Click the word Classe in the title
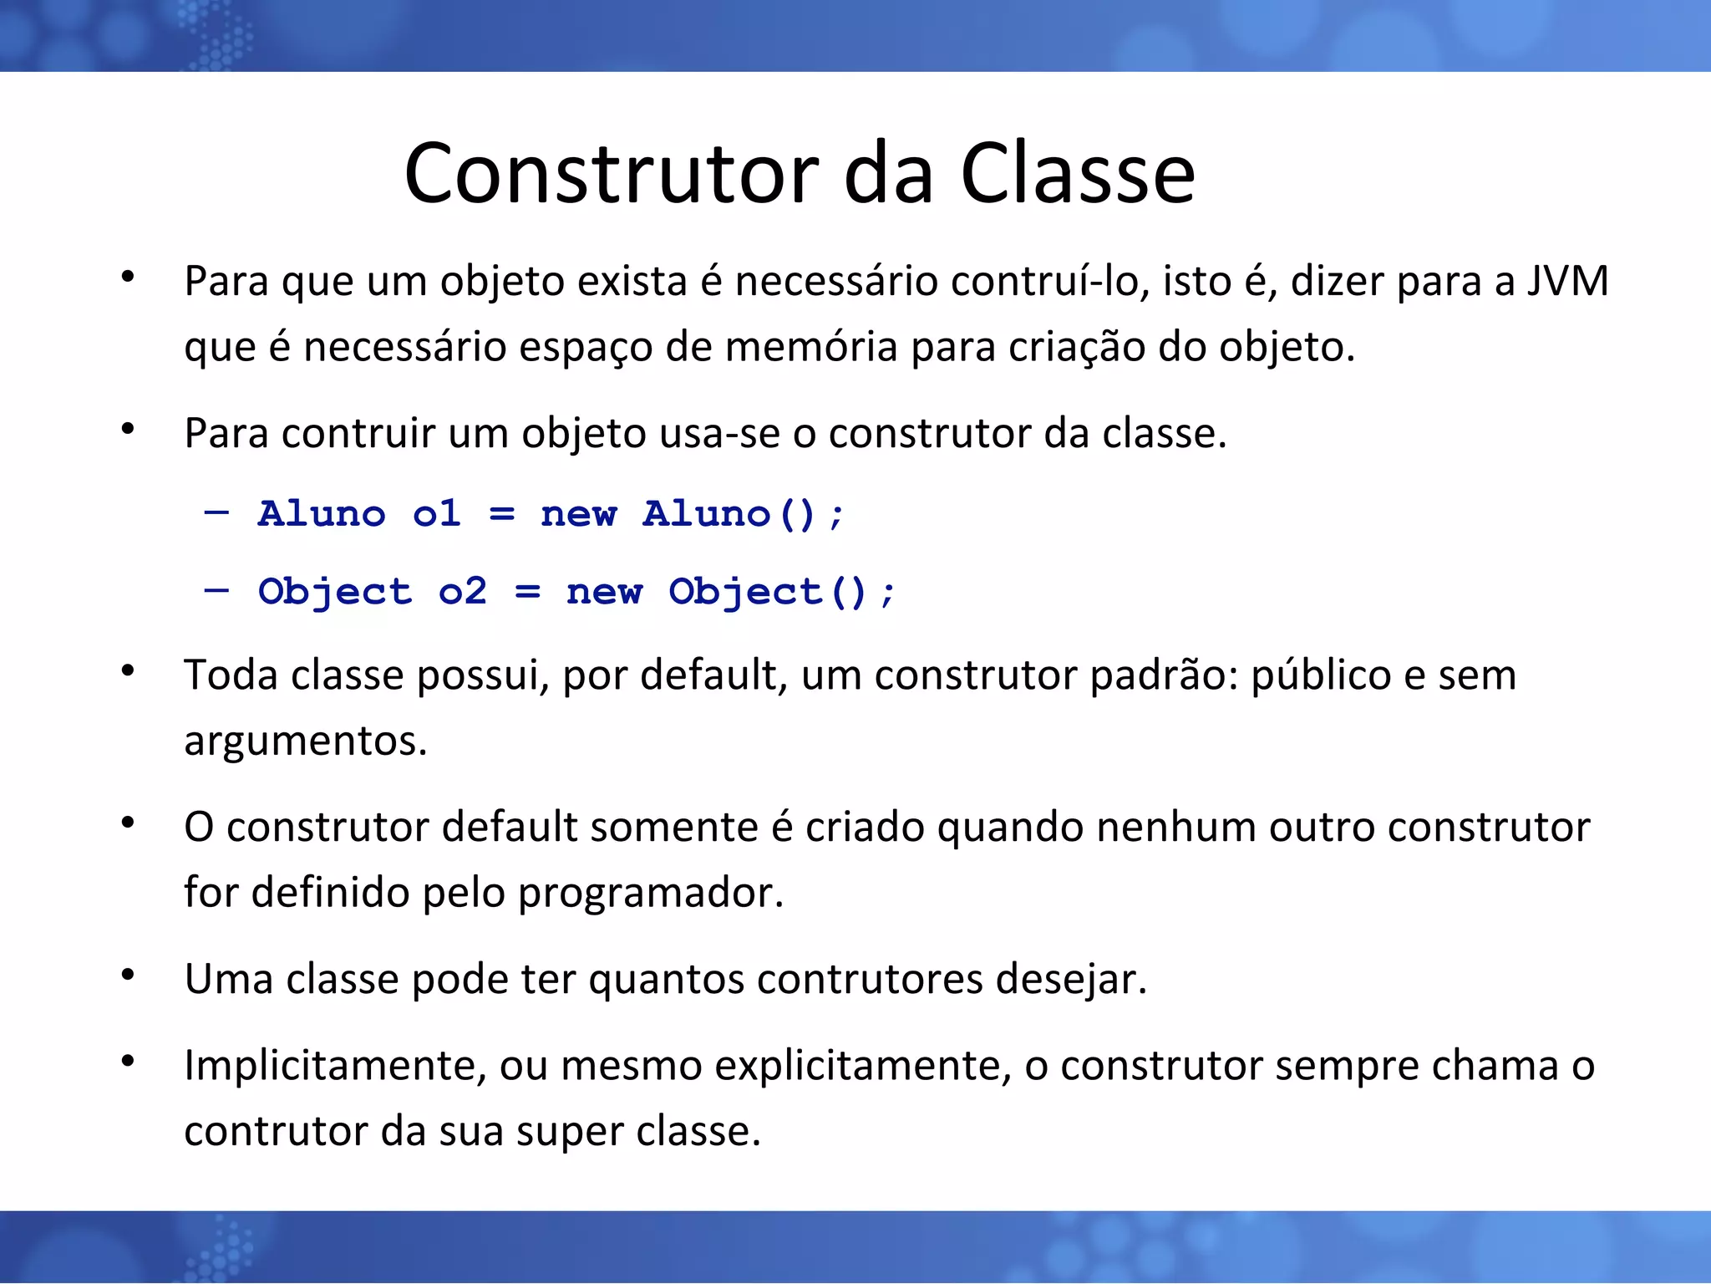click(x=1078, y=173)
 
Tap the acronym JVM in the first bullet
click(x=1567, y=281)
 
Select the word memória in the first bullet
click(x=810, y=347)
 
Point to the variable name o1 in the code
click(x=437, y=514)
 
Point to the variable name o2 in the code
click(x=462, y=592)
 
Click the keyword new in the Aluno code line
click(x=578, y=514)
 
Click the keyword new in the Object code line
click(x=604, y=592)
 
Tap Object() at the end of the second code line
click(x=767, y=592)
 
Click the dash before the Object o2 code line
click(x=216, y=590)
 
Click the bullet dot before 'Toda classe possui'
click(x=128, y=671)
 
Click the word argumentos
click(x=305, y=741)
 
